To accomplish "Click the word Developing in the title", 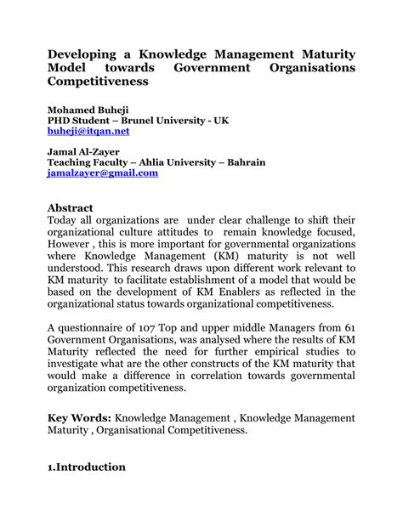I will point(87,54).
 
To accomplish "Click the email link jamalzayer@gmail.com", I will point(103,173).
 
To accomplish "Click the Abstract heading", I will point(70,207).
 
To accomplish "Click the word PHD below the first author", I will point(60,121).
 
